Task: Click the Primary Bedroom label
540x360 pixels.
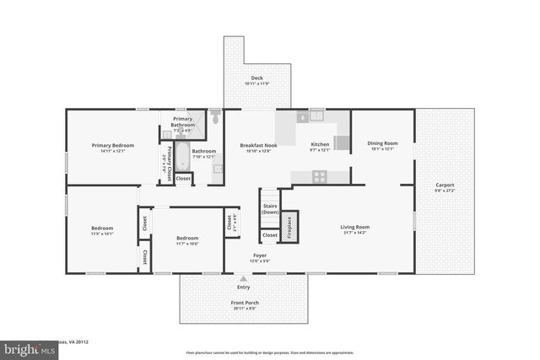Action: click(x=112, y=145)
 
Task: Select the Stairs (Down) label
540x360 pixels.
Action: click(x=270, y=208)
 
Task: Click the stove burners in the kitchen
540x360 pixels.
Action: click(x=320, y=176)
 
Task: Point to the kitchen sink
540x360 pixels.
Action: click(x=316, y=116)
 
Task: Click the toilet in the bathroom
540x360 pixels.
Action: click(x=215, y=118)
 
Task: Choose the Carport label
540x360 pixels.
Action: click(x=445, y=185)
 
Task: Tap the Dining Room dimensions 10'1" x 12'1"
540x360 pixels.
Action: click(x=381, y=149)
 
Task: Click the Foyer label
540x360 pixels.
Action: click(x=260, y=255)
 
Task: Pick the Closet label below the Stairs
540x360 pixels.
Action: click(x=270, y=235)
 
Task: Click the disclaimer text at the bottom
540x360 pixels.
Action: click(x=270, y=352)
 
